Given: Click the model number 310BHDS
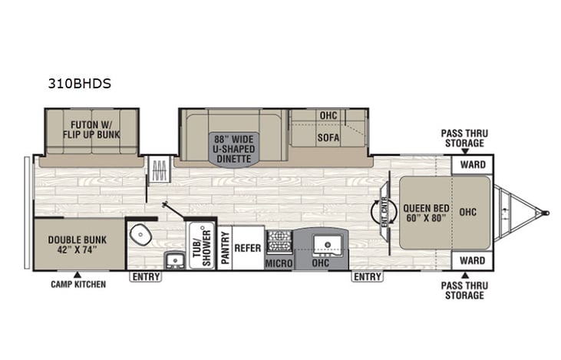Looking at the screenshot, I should tap(78, 84).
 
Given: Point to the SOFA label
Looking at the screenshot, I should tap(328, 139).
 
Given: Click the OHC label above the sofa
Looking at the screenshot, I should tap(328, 116).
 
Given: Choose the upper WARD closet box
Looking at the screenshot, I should tap(472, 164).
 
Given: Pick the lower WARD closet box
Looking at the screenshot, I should tap(472, 261).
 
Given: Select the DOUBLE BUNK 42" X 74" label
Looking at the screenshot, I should tap(78, 244).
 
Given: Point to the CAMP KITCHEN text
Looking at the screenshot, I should tap(78, 284).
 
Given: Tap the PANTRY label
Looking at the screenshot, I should tap(225, 249).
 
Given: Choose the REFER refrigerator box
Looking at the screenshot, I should tap(248, 248).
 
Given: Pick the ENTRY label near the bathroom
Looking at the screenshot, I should tap(144, 276).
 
